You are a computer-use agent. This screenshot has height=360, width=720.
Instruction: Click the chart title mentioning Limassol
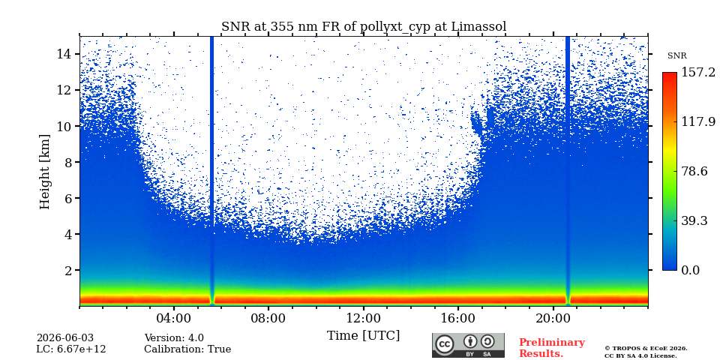point(364,26)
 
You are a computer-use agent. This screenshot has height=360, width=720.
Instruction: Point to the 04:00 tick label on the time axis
point(174,318)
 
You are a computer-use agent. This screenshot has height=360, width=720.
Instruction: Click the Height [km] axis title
point(44,172)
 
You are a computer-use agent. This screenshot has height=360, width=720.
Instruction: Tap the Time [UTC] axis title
point(363,336)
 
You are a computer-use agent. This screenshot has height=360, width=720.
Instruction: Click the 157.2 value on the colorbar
point(698,73)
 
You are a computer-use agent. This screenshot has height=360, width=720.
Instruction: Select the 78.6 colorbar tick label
point(694,171)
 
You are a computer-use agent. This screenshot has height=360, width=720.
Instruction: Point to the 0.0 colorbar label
point(690,270)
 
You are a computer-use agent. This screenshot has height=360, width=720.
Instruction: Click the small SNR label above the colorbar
point(676,56)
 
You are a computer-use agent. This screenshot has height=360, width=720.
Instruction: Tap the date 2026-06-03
point(64,338)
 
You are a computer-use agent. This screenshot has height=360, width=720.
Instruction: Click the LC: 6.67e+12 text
point(71,349)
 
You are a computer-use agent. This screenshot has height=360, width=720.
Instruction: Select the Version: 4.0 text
point(174,338)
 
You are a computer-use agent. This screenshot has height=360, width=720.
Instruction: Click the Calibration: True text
point(187,349)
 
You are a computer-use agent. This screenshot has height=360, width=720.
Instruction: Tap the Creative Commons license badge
point(468,345)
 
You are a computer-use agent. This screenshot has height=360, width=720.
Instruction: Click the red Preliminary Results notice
point(552,348)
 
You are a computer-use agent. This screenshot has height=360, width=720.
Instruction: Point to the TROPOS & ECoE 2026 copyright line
point(646,349)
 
